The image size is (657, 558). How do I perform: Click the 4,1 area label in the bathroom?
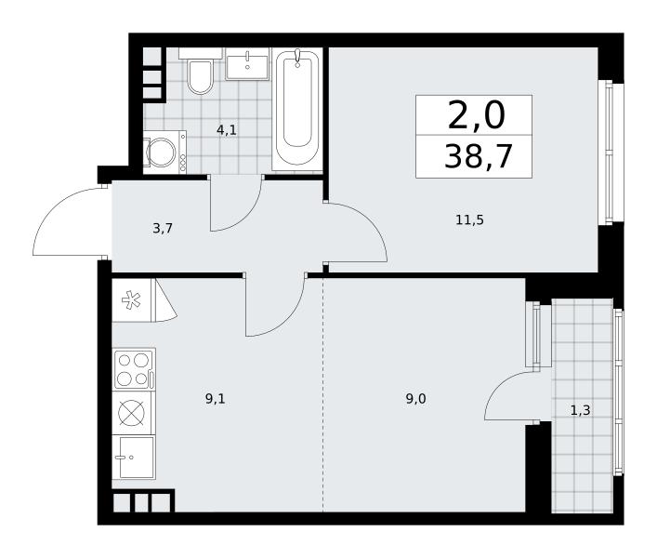226,130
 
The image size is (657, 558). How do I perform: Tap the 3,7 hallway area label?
163,229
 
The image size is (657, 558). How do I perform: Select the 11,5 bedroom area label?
469,219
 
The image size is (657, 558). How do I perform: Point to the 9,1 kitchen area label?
216,399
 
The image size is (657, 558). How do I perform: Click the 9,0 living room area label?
415,399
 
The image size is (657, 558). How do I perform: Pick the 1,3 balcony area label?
581,410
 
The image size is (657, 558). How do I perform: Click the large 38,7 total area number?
478,156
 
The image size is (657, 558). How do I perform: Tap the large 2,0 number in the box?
477,115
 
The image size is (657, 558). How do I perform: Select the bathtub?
297,109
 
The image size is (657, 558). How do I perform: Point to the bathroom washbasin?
247,64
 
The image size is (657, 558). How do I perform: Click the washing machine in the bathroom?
164,152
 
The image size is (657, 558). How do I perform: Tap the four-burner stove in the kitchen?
134,369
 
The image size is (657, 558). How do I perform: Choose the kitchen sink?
134,457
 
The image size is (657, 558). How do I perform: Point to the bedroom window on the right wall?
611,153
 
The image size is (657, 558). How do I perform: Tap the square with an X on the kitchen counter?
132,413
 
